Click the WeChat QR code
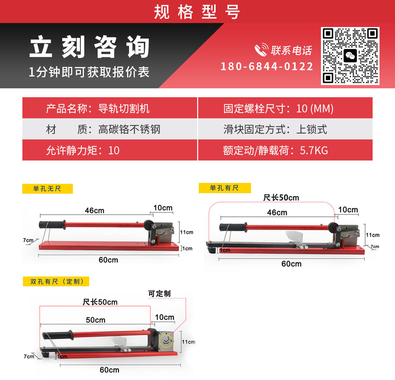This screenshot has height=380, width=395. coord(350,56)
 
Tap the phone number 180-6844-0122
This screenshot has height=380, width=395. coord(267,67)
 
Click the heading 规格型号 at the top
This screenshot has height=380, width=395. coord(197,12)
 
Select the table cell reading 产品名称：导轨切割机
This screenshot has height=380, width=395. coord(110,108)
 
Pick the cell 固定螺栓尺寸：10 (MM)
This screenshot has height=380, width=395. coord(285,108)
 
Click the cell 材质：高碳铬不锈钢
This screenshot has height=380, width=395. coord(110,129)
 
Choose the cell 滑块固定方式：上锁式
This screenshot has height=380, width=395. coord(285,129)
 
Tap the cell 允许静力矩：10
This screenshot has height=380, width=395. coord(110,150)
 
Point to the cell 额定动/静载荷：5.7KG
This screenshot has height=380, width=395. coord(285,150)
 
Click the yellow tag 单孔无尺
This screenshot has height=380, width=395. coord(47,189)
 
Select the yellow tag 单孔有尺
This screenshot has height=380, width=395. coord(225,188)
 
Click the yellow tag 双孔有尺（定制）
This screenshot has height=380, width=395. coord(56,281)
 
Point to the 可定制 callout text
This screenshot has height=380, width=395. coord(159,294)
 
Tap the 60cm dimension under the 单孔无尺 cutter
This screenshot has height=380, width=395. coord(108,260)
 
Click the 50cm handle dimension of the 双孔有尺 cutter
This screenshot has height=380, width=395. coord(95,320)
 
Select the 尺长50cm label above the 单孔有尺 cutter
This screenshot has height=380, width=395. coord(281,198)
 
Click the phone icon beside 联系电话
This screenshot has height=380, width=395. coord(261,49)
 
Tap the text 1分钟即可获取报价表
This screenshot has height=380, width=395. coord(89,72)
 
